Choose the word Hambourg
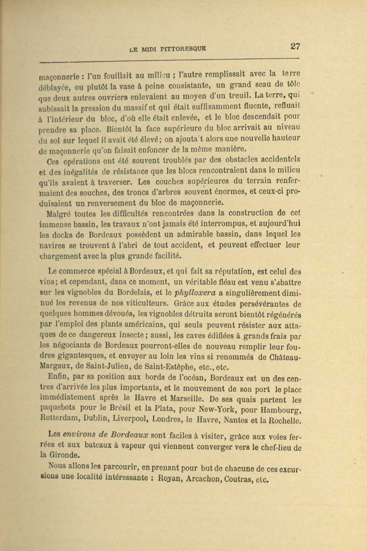tap(278, 411)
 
